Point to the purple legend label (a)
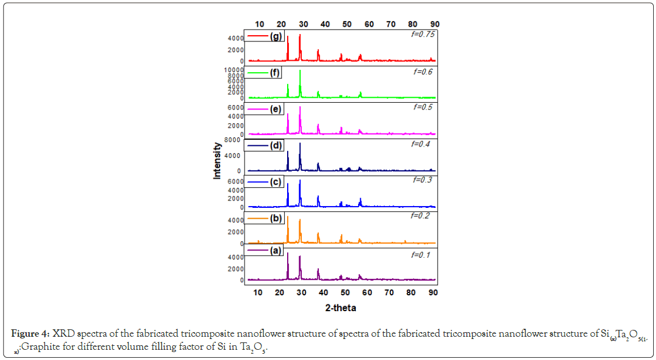click(276, 251)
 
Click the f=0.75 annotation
click(422, 35)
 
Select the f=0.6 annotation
click(422, 72)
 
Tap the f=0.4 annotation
click(420, 144)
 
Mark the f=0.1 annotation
click(421, 255)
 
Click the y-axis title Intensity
click(217, 161)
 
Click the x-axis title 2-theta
click(341, 308)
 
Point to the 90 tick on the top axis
click(435, 24)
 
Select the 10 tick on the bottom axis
click(258, 292)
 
